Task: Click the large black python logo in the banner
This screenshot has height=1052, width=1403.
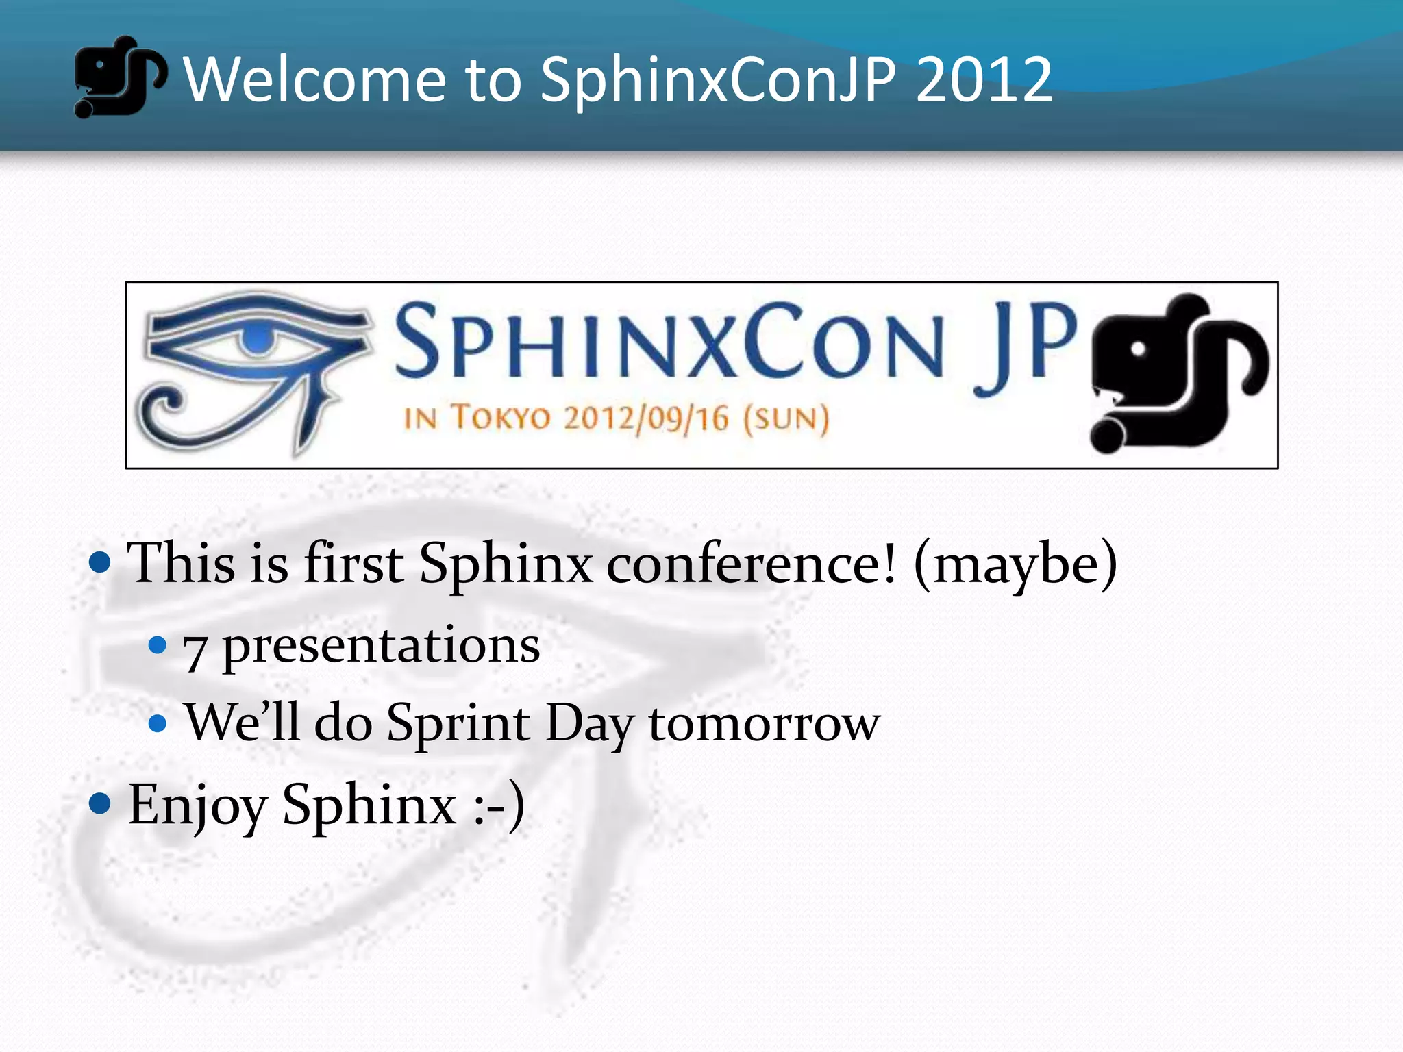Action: point(1178,373)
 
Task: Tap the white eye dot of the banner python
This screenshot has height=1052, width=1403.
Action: point(1138,349)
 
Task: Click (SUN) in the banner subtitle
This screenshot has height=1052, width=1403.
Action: point(786,418)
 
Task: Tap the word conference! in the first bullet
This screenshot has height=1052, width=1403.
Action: point(751,563)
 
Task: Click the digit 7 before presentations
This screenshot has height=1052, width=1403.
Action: point(195,651)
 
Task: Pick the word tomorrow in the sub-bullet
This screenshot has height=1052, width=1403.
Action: point(764,724)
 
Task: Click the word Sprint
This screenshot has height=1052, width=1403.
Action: point(458,724)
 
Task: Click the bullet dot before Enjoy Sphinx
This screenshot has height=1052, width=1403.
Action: point(100,803)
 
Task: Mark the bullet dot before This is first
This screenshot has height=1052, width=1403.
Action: point(100,562)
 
